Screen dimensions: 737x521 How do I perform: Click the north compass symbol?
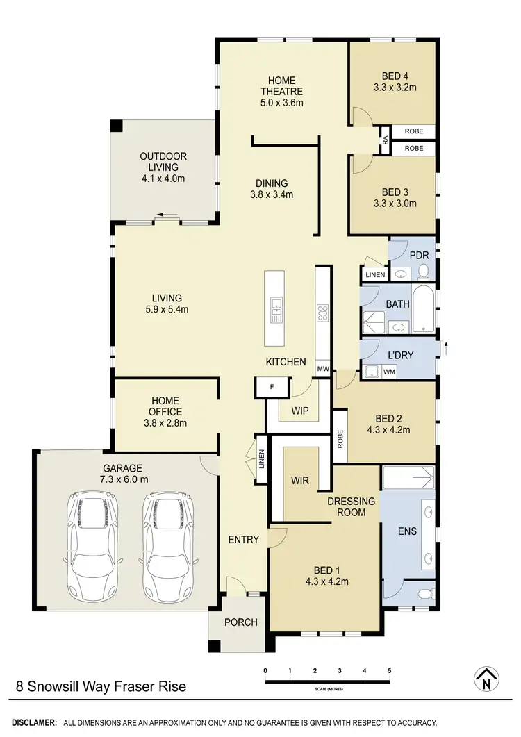(488, 679)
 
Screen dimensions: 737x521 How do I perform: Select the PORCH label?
(240, 622)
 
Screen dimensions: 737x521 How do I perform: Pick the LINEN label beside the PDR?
(374, 276)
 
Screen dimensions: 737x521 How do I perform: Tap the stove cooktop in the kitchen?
(322, 313)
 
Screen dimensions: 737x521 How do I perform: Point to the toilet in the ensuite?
(424, 593)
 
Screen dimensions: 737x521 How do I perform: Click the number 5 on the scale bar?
(390, 670)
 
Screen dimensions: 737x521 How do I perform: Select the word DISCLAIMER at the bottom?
(34, 723)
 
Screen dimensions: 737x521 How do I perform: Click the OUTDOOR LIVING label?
(163, 162)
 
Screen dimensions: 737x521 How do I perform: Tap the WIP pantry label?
(299, 411)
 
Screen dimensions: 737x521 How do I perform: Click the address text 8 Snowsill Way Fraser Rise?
(101, 687)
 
